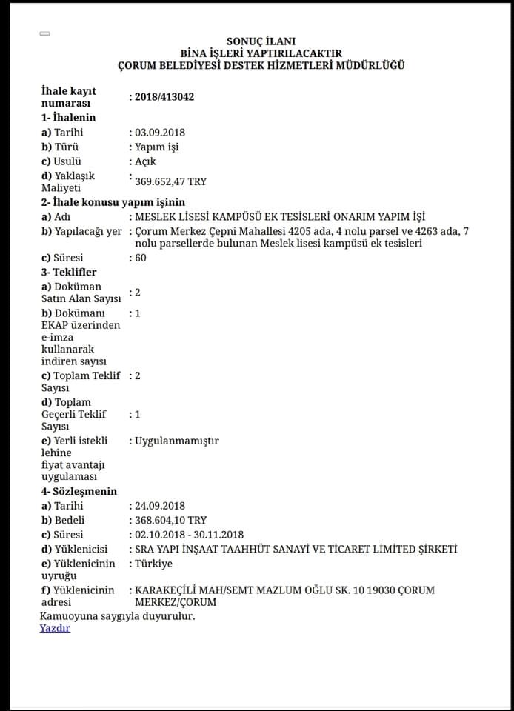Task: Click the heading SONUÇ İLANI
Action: tap(261, 41)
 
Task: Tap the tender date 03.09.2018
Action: tap(159, 133)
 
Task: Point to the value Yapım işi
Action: tap(156, 147)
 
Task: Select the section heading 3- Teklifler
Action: tap(69, 273)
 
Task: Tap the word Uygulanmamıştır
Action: tap(176, 441)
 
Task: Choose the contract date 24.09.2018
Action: tap(159, 506)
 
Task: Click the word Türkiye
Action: tap(153, 564)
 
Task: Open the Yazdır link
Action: tap(55, 628)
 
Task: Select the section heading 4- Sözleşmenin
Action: tap(79, 491)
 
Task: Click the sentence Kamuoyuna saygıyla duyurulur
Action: tap(117, 615)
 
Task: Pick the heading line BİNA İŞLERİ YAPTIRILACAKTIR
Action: tap(261, 53)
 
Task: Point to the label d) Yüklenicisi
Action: tap(75, 550)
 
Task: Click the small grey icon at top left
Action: tap(45, 33)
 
